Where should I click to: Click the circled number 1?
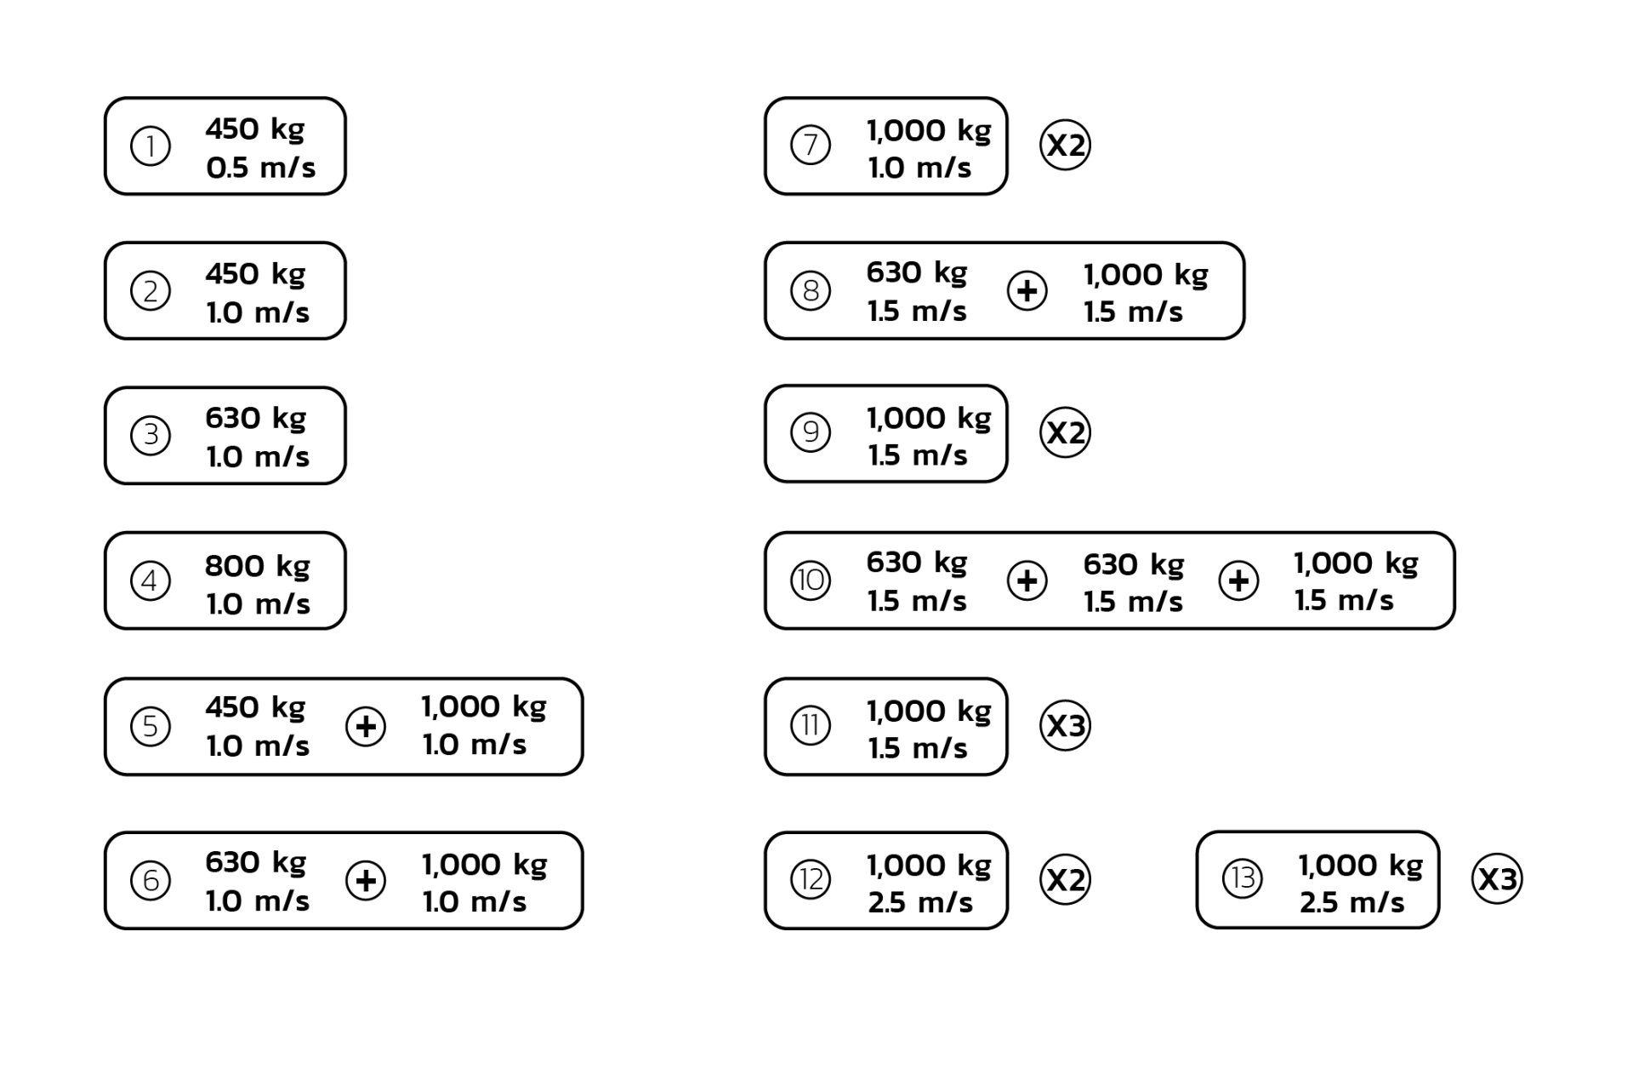click(151, 146)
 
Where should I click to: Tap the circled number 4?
click(151, 581)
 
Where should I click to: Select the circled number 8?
click(811, 291)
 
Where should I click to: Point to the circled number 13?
click(1243, 878)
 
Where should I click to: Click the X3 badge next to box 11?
click(1065, 726)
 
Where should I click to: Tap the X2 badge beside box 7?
click(1065, 146)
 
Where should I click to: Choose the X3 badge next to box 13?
click(1497, 879)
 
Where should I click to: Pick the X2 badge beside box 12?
click(1065, 879)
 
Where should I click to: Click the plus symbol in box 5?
click(366, 727)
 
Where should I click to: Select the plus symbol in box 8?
click(1027, 291)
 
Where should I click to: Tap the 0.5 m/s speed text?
click(260, 168)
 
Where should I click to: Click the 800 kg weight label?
click(257, 566)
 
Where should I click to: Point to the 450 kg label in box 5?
click(255, 707)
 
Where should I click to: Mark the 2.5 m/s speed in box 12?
click(920, 902)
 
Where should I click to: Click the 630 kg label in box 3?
click(255, 419)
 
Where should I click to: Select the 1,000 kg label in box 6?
click(485, 865)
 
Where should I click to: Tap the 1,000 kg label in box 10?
click(1356, 563)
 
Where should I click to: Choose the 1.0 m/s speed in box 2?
click(258, 312)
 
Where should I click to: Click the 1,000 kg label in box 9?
click(929, 418)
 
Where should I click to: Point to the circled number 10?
click(811, 581)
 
